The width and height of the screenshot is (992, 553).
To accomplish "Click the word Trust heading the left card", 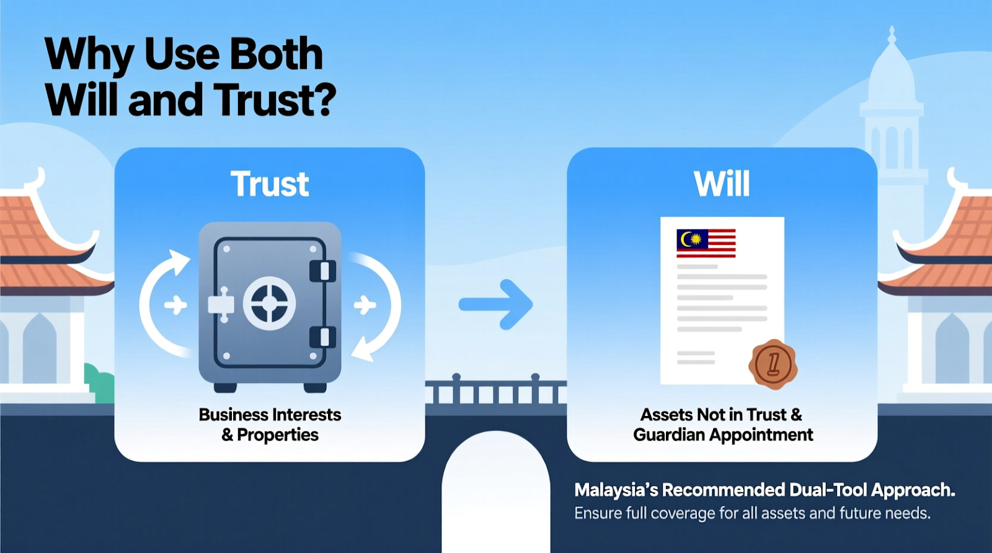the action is [x=269, y=184].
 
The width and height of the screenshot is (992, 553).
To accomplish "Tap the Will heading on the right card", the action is [x=722, y=184].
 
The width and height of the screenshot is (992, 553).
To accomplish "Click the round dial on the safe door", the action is [x=269, y=304].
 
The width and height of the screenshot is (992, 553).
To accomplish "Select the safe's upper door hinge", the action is [x=323, y=271].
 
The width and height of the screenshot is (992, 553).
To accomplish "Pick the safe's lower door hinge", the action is [x=323, y=337].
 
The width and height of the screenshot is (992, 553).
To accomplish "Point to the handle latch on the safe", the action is [x=221, y=304].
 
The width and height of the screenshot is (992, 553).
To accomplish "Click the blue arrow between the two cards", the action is [x=495, y=304].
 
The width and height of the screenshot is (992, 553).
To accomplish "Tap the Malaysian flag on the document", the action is [x=706, y=243].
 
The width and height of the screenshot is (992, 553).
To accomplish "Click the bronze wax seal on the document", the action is [x=773, y=364].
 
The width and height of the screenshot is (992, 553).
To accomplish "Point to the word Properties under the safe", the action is [x=278, y=435].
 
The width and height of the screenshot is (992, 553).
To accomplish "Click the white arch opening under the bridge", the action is [x=496, y=492].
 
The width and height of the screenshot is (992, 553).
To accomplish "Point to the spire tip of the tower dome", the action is [x=892, y=27].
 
